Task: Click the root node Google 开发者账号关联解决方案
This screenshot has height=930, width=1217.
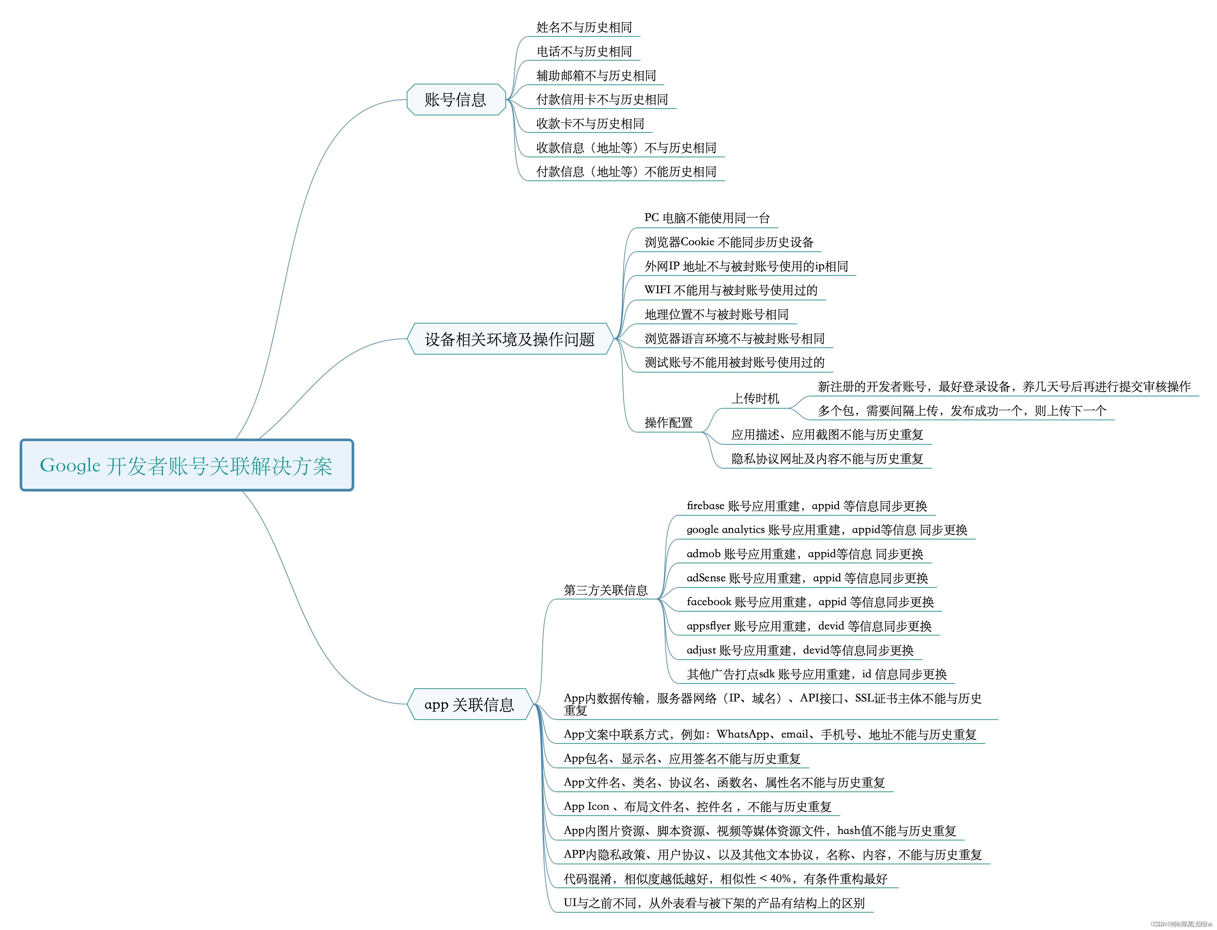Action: [187, 466]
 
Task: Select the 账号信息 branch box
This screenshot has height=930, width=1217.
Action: [456, 100]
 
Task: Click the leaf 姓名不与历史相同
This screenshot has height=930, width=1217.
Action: [584, 27]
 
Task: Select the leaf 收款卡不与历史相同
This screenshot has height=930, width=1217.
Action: [590, 123]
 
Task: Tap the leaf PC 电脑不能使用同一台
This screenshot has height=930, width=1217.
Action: [707, 218]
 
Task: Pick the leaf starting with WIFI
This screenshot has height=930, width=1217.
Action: [731, 290]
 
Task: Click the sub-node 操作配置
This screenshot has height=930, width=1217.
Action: [668, 422]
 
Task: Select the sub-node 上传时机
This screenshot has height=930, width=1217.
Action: [755, 399]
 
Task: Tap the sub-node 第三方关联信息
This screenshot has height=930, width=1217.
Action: [606, 590]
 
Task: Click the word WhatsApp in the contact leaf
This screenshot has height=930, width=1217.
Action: [743, 735]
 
